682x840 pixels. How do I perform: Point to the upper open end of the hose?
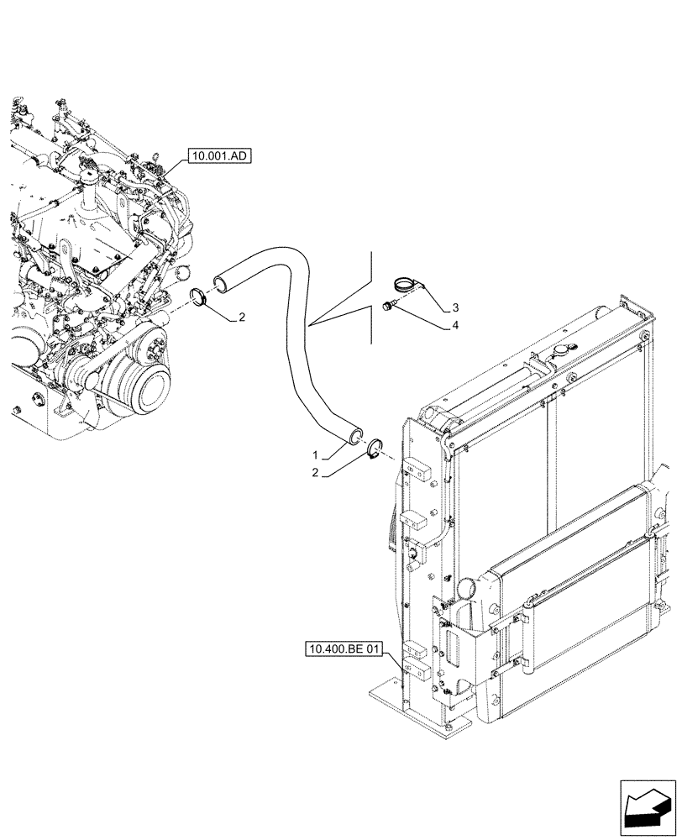click(221, 280)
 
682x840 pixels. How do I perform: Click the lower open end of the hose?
click(355, 433)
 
